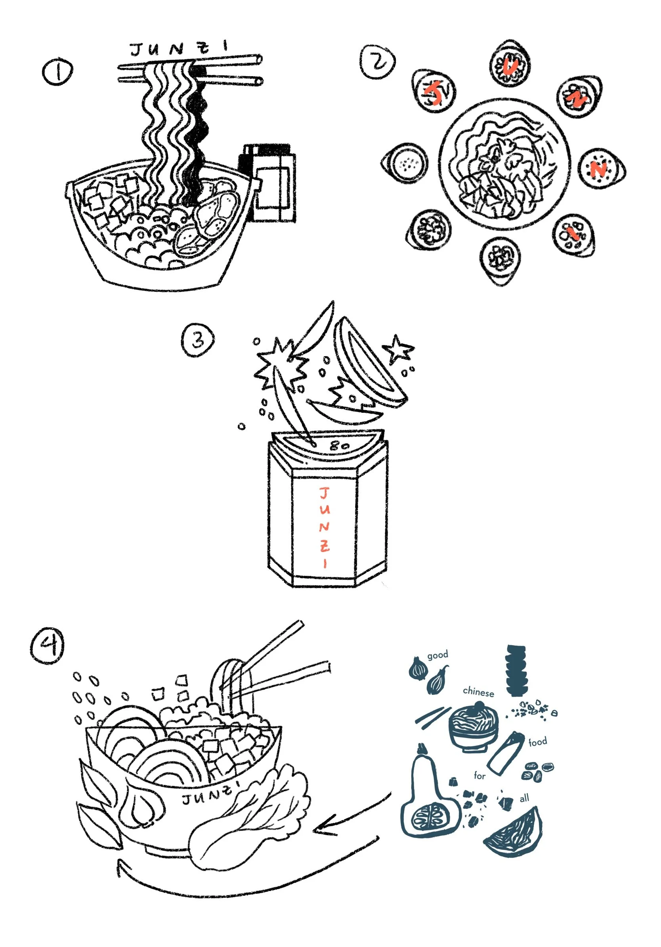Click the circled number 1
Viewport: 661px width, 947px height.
(x=58, y=72)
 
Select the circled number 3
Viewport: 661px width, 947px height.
(x=198, y=340)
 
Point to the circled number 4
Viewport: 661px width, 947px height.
(x=48, y=646)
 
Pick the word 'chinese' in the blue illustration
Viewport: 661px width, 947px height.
(x=478, y=692)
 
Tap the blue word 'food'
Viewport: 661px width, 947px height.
(x=537, y=742)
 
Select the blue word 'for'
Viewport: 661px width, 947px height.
(x=479, y=775)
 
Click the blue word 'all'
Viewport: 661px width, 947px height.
(x=524, y=799)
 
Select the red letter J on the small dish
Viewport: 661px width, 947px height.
(x=434, y=93)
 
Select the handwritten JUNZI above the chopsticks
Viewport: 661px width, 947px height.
(x=179, y=48)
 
